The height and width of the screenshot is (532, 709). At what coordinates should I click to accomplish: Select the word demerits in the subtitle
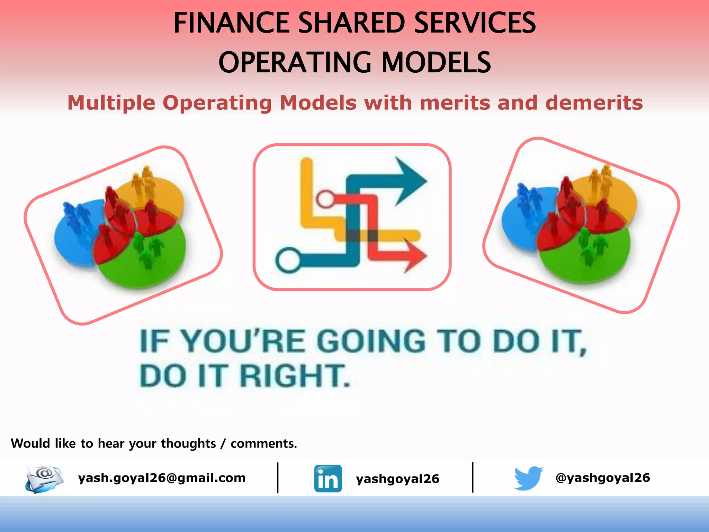tap(594, 103)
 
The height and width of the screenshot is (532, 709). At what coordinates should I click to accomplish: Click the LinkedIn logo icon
tap(328, 478)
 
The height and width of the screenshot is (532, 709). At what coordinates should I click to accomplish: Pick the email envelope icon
tap(44, 479)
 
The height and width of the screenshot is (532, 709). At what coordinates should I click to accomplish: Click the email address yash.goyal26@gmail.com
tap(162, 478)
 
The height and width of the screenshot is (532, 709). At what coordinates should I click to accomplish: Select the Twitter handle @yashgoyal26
tap(602, 478)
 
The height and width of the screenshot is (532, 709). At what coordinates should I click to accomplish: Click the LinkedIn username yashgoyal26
tap(397, 479)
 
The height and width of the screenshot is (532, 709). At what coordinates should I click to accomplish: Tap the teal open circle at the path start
tap(288, 260)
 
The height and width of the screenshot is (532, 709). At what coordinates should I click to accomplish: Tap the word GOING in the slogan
tap(371, 341)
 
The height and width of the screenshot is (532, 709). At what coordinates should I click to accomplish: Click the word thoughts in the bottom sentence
tap(188, 444)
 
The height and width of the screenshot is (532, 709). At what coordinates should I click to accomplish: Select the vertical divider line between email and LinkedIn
tap(278, 478)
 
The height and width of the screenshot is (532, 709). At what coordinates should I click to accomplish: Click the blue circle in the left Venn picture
tap(73, 239)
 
